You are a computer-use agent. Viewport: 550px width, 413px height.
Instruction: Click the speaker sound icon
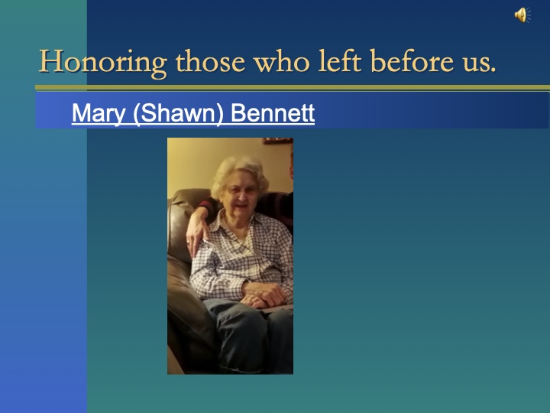coord(522,15)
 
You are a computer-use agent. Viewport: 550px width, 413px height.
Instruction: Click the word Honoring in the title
coord(102,62)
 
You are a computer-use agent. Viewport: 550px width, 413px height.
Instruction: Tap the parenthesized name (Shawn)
coord(179,114)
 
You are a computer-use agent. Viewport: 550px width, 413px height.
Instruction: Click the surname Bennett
coord(273,114)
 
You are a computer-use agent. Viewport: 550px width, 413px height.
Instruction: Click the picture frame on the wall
coord(277,141)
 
